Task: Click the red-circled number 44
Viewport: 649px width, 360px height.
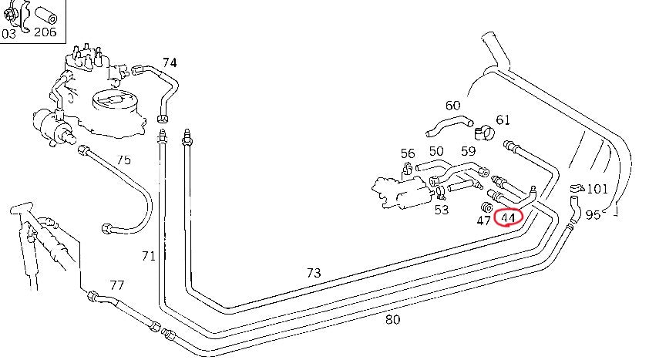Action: (x=508, y=218)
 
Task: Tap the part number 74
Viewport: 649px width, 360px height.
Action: (x=170, y=62)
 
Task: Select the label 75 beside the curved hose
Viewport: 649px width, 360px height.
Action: (x=123, y=160)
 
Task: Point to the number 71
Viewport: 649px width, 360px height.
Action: (x=149, y=255)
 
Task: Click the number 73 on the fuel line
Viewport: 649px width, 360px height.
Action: (x=313, y=273)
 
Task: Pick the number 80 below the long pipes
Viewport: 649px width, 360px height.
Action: (x=392, y=319)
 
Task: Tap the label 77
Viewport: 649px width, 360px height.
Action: (x=116, y=285)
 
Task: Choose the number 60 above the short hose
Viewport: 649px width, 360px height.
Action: (x=452, y=105)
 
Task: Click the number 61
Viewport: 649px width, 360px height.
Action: (x=503, y=119)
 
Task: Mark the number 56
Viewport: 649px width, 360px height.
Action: (x=408, y=154)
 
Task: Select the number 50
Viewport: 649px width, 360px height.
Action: (x=436, y=151)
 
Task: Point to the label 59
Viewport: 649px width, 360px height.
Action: (x=469, y=151)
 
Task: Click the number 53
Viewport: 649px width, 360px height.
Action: (x=442, y=210)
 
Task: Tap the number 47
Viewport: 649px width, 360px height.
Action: (x=484, y=220)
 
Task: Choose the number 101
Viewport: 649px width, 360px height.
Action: (x=598, y=189)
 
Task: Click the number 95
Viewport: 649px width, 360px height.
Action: (x=593, y=215)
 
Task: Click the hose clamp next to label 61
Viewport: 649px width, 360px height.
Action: (x=484, y=132)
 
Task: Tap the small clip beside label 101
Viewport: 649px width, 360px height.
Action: (x=576, y=188)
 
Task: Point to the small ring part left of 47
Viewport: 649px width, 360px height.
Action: (x=487, y=207)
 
